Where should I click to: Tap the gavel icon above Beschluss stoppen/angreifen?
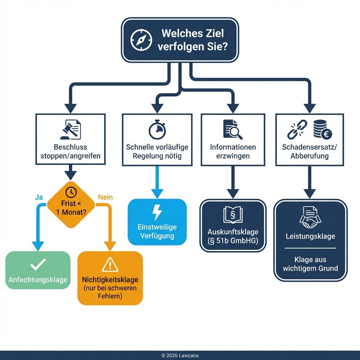coord(70,130)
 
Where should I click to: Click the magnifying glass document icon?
coord(232,129)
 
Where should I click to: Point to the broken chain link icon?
coord(297,129)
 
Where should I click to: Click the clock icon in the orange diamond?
coord(71,192)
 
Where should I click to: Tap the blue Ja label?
coord(39,197)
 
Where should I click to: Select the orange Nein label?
coord(105,197)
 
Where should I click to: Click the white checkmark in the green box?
coord(38,264)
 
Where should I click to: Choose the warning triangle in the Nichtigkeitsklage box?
coord(110,264)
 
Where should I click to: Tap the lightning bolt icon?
coord(157,213)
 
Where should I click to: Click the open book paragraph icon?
coord(233,215)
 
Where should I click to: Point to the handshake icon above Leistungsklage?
coord(310,218)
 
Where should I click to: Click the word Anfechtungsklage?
coord(38,280)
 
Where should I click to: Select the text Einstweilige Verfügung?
coord(157,231)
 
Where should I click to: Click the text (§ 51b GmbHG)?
coord(233,240)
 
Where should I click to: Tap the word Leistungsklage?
coord(310,236)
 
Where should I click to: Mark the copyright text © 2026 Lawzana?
coord(180,355)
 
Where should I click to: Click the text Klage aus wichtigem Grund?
coord(310,264)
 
